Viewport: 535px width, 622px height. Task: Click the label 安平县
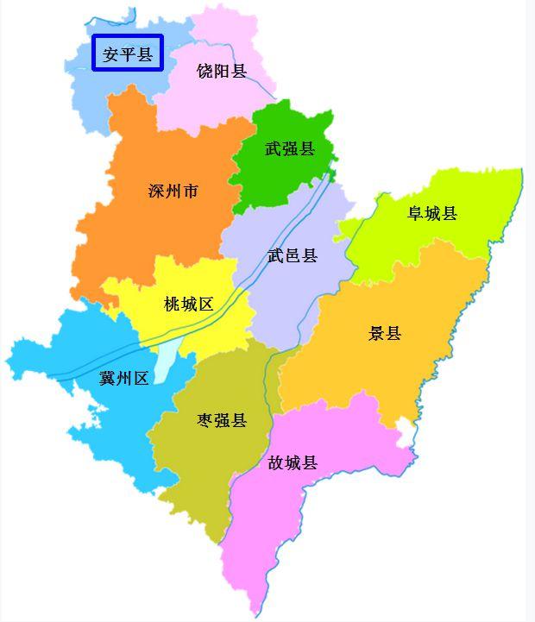click(127, 55)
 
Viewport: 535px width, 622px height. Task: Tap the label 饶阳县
click(222, 72)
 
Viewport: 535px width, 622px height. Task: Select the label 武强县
click(290, 149)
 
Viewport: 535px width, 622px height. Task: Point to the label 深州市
click(173, 191)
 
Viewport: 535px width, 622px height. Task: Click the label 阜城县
click(432, 213)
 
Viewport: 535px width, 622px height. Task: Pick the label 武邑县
click(293, 255)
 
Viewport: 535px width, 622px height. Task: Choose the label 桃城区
click(189, 304)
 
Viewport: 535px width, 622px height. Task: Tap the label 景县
click(385, 333)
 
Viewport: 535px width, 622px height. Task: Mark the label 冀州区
click(124, 378)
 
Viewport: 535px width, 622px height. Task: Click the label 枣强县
click(222, 420)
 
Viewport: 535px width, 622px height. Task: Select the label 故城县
click(293, 463)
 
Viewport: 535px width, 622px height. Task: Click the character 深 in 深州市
click(157, 191)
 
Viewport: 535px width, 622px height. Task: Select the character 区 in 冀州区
click(142, 378)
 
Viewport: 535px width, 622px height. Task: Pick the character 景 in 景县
click(376, 333)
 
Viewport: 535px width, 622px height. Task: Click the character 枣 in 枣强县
click(205, 420)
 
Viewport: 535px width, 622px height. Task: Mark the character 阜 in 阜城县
click(416, 213)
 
